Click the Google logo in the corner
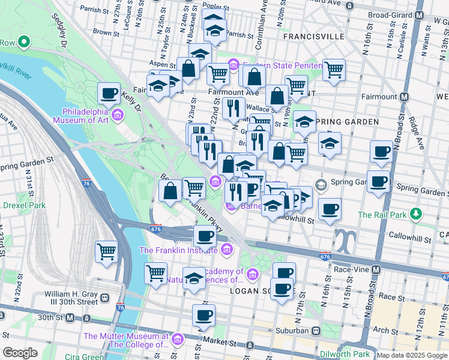(x=20, y=353)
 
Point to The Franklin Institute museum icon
(x=226, y=249)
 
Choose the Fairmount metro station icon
(x=405, y=97)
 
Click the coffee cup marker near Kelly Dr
(x=109, y=94)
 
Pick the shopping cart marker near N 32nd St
(x=106, y=251)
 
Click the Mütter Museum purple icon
(x=176, y=340)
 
